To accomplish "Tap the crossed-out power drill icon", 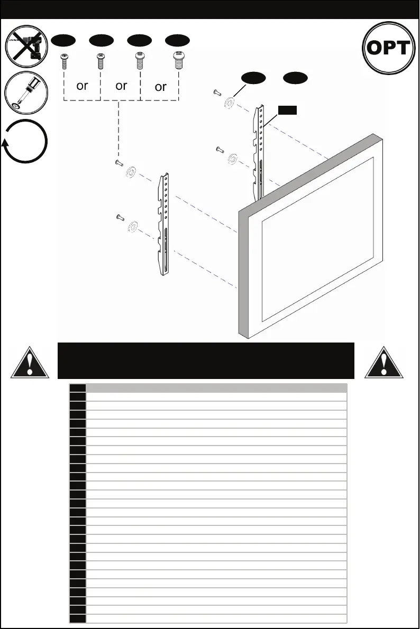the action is tap(26, 47).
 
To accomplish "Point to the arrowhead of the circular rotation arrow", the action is tap(6, 142).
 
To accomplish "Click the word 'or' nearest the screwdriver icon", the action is tap(82, 85).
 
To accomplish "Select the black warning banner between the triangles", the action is tap(205, 360).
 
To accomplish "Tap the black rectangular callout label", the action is tap(288, 110).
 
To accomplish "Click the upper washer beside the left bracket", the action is tap(131, 172).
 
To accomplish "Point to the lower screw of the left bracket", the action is tap(120, 217).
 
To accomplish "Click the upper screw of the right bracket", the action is tap(217, 93).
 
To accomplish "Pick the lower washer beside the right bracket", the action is tap(232, 159).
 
